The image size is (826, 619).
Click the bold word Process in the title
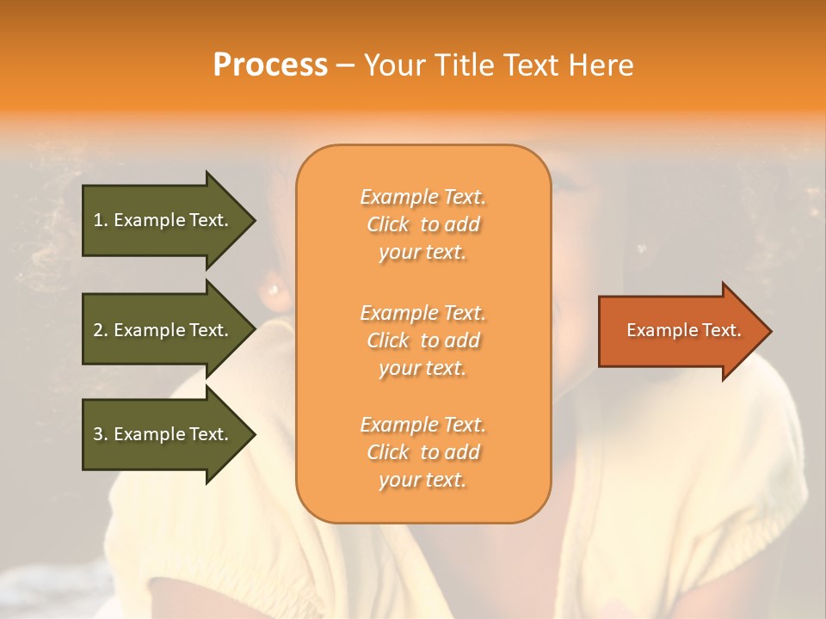point(270,65)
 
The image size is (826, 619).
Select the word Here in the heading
point(600,65)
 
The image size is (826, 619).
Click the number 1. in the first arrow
point(101,220)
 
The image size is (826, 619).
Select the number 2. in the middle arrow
point(101,330)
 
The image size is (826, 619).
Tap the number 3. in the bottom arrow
point(101,434)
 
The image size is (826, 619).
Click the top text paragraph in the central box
point(422,224)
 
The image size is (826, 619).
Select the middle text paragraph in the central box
point(422,340)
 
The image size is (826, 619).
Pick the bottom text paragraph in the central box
point(422,452)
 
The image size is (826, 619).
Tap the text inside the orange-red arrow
point(683,330)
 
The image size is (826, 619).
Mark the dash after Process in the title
point(346,66)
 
